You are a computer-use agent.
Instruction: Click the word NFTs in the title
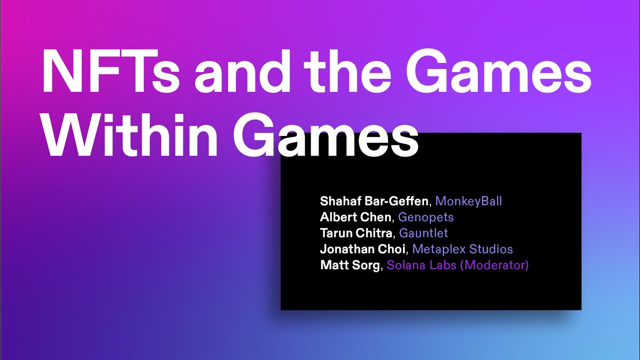[110, 73]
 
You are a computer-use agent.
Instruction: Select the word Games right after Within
[325, 136]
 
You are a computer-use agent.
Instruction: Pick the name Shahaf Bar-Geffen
[374, 201]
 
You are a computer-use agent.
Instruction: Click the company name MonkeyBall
[468, 201]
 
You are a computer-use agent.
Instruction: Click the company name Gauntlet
[423, 233]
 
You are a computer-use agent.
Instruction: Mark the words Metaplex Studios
[462, 249]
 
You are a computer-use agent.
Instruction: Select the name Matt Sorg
[350, 265]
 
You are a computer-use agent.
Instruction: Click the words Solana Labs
[421, 265]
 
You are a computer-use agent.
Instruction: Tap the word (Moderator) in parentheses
[494, 265]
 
